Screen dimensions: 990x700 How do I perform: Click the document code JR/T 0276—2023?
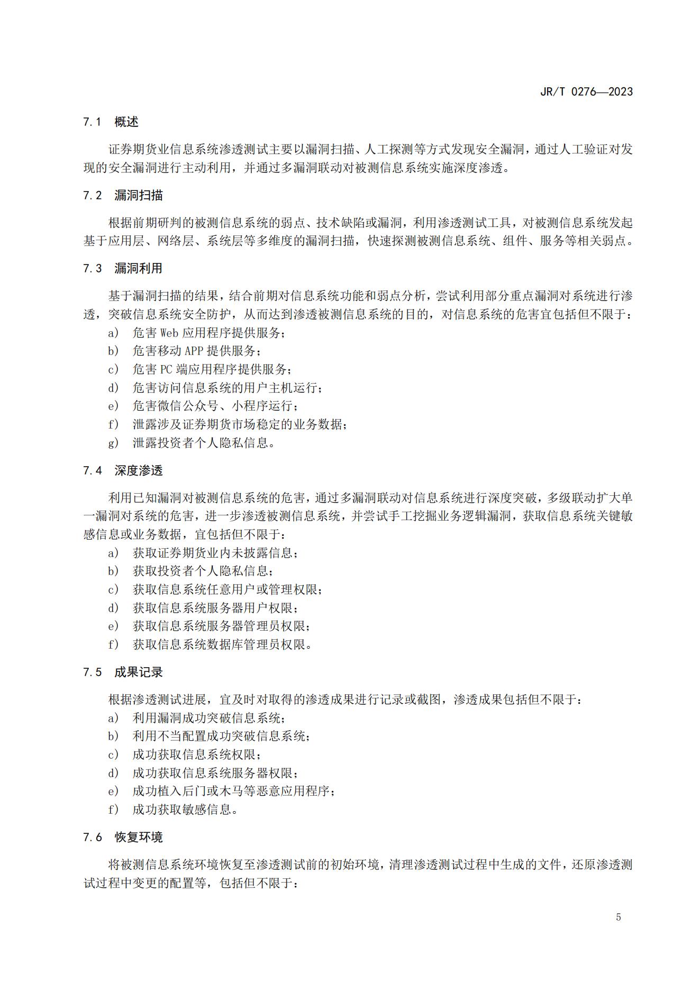pyautogui.click(x=586, y=92)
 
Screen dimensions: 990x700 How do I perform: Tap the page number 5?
pyautogui.click(x=619, y=917)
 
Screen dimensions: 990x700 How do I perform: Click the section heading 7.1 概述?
pyautogui.click(x=111, y=122)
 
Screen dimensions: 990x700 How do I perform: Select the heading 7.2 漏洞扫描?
pyautogui.click(x=123, y=195)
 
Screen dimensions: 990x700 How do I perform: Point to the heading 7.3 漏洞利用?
pyautogui.click(x=123, y=268)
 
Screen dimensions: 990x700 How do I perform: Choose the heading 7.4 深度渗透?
pyautogui.click(x=123, y=470)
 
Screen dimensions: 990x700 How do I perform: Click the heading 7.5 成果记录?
pyautogui.click(x=123, y=672)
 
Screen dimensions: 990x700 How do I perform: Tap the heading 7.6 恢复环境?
pyautogui.click(x=123, y=837)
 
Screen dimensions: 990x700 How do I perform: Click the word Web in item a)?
pyautogui.click(x=169, y=333)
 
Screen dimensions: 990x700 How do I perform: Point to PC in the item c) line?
pyautogui.click(x=167, y=369)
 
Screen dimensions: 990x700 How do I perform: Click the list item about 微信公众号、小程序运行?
pyautogui.click(x=215, y=406)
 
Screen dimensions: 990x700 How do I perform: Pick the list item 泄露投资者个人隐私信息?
pyautogui.click(x=204, y=442)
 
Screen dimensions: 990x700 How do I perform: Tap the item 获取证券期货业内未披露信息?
pyautogui.click(x=215, y=553)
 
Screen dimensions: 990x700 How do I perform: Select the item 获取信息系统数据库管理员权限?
pyautogui.click(x=222, y=644)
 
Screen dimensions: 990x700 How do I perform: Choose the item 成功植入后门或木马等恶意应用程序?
pyautogui.click(x=233, y=791)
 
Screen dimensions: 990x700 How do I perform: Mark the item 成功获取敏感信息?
pyautogui.click(x=185, y=809)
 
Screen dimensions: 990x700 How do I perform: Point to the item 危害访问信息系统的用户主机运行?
pyautogui.click(x=227, y=388)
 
